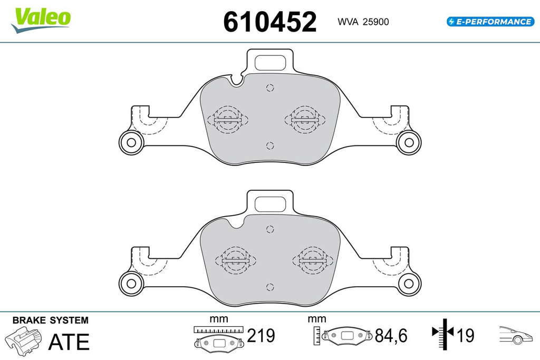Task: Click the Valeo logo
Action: pyautogui.click(x=41, y=20)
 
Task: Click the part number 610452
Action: pyautogui.click(x=269, y=21)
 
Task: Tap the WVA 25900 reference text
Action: pyautogui.click(x=363, y=22)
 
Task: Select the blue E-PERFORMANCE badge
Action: pyautogui.click(x=490, y=22)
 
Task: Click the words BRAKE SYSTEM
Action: pyautogui.click(x=51, y=320)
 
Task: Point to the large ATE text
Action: pyautogui.click(x=69, y=342)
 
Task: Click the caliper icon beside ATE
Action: pyautogui.click(x=23, y=340)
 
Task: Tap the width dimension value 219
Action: pyautogui.click(x=261, y=335)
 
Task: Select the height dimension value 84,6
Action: pyautogui.click(x=391, y=335)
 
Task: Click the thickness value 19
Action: pyautogui.click(x=465, y=335)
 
